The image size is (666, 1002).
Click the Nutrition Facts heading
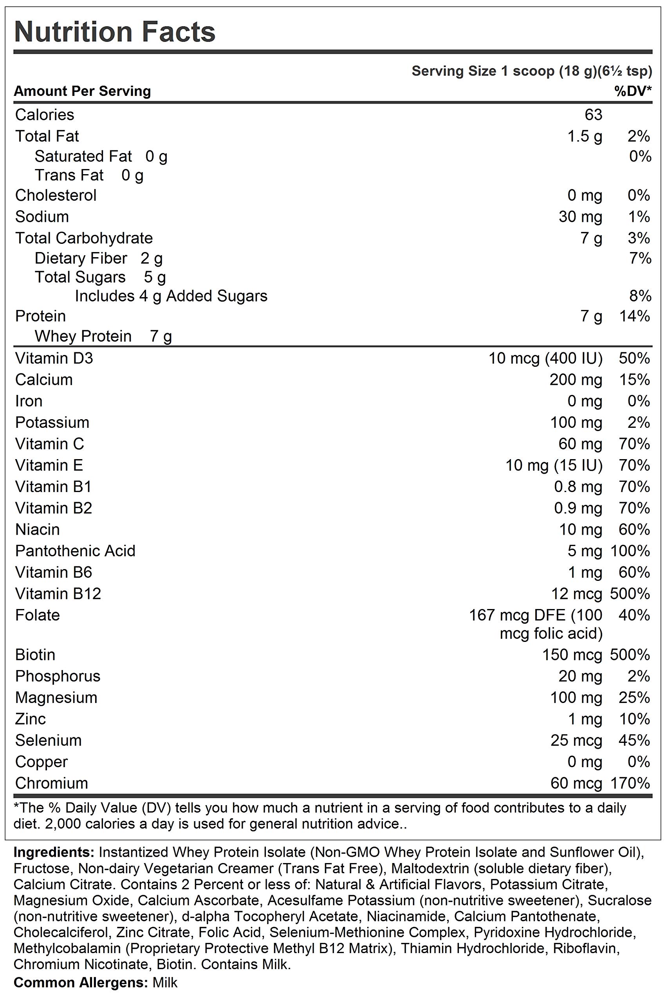[x=115, y=32]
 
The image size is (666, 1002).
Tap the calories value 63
[x=593, y=115]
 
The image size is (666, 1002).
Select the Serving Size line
[x=531, y=71]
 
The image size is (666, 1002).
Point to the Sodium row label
[x=42, y=217]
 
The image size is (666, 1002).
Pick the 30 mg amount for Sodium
[x=580, y=217]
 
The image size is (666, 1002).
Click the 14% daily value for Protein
[x=635, y=316]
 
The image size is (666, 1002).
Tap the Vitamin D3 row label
[x=54, y=359]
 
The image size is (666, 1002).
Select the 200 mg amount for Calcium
[x=576, y=380]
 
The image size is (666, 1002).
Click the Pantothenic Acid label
[x=75, y=551]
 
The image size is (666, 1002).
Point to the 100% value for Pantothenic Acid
[x=630, y=551]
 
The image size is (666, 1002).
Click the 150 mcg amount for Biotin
[x=572, y=655]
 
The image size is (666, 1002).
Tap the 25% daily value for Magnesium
[x=635, y=697]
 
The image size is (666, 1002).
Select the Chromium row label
[x=51, y=783]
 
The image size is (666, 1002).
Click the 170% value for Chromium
[x=630, y=783]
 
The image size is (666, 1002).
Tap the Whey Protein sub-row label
[x=83, y=336]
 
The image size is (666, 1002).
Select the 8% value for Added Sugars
[x=640, y=296]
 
